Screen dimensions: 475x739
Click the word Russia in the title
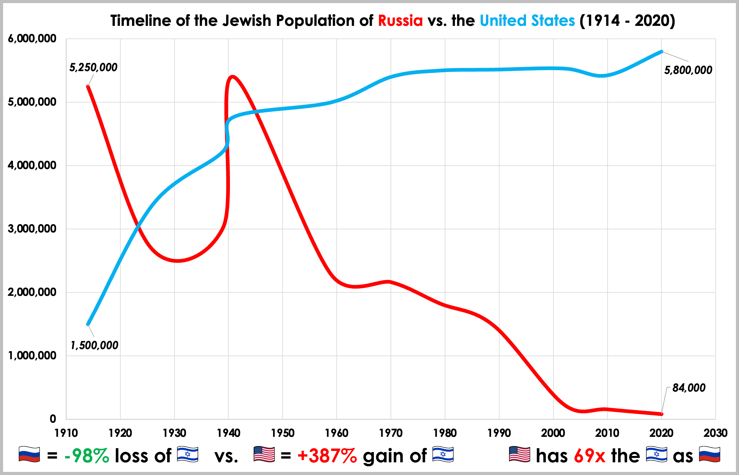click(400, 21)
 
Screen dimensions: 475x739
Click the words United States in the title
click(527, 21)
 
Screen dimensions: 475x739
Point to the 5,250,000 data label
click(93, 67)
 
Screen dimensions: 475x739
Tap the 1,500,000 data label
click(94, 345)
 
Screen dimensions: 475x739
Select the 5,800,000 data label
click(688, 70)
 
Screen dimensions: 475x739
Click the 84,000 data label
click(689, 388)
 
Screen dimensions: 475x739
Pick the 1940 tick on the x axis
click(228, 433)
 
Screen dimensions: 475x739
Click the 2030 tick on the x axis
click(715, 433)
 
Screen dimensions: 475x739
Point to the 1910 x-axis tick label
click(66, 433)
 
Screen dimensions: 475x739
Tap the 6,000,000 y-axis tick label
click(32, 38)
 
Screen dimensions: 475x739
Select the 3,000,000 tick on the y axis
click(32, 229)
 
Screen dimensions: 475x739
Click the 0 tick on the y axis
click(53, 419)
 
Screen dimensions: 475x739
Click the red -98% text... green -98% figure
click(86, 456)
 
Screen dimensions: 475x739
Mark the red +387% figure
click(327, 456)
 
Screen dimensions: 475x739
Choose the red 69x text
click(590, 456)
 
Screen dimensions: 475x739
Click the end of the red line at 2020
click(662, 414)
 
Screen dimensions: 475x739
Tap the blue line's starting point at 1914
click(88, 324)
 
